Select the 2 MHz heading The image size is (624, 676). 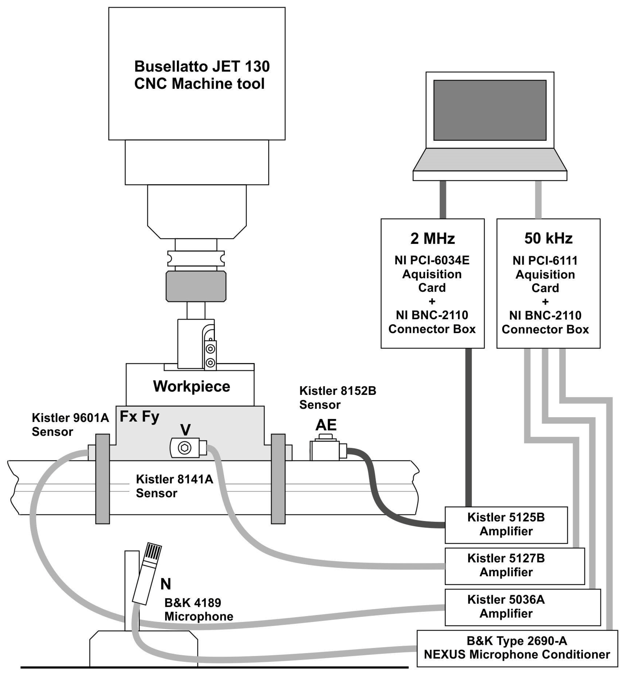pos(432,238)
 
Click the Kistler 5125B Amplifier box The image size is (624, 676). pos(506,524)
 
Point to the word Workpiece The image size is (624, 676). pos(191,386)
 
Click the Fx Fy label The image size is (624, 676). pos(139,416)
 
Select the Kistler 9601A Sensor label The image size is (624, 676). pos(70,425)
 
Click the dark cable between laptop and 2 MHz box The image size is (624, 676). pos(443,199)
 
